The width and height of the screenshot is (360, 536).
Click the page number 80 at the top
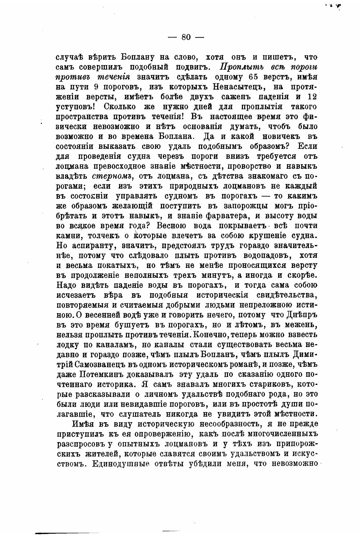tap(186, 37)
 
